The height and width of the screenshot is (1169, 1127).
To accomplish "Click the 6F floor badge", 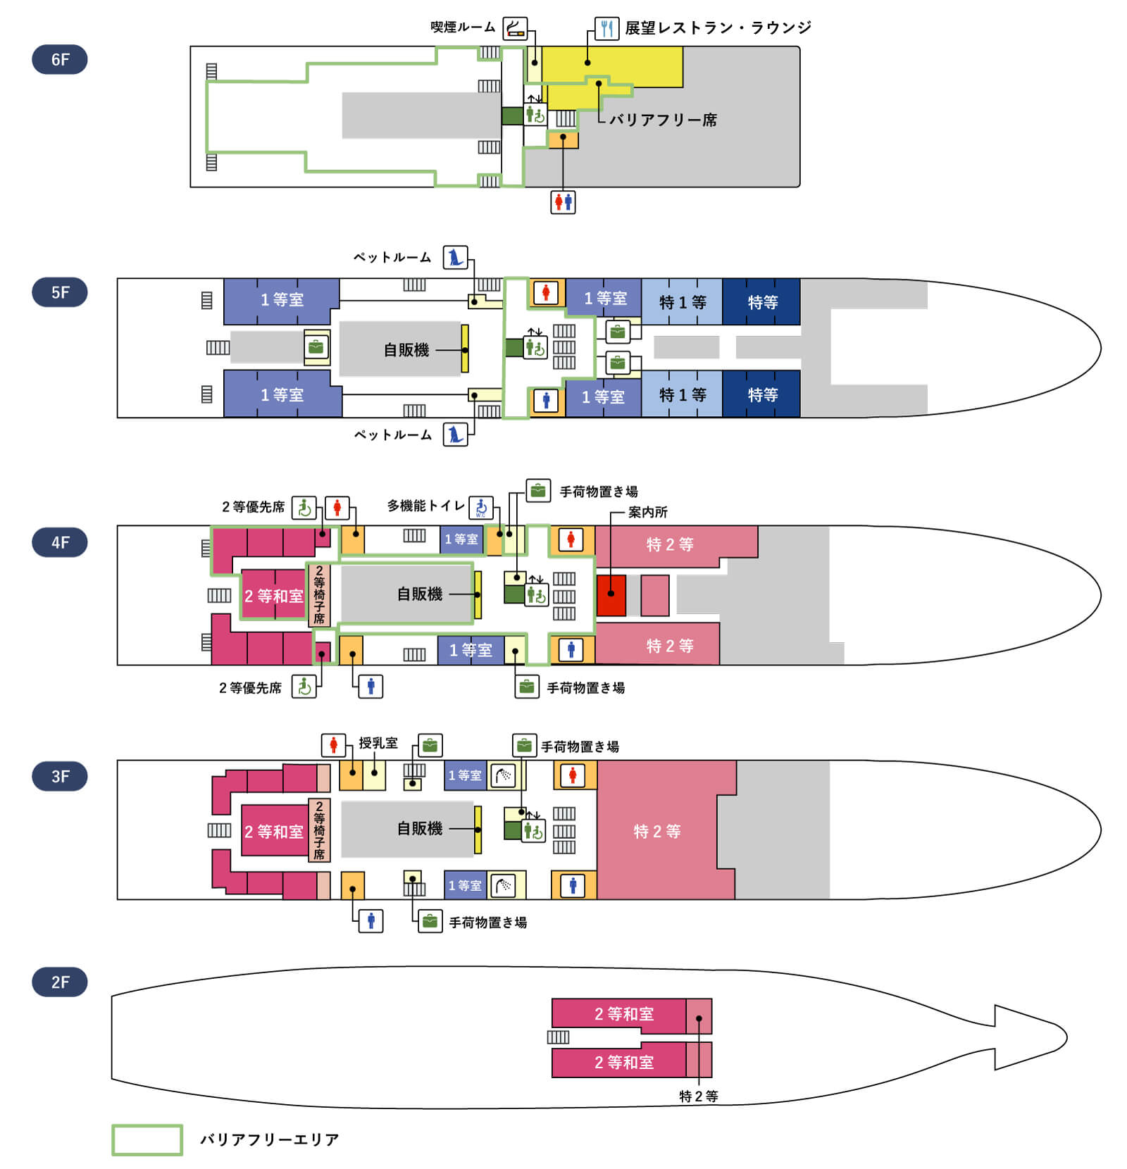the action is (x=60, y=59).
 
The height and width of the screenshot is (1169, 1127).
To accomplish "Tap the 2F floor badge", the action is (x=60, y=982).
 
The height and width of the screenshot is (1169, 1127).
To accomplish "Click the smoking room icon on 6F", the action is (x=515, y=28).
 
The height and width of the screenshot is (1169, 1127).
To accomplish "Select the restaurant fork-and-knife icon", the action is (x=606, y=28).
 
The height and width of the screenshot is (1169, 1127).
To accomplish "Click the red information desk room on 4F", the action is (x=611, y=595).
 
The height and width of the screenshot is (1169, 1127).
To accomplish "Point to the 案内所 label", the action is (x=647, y=512).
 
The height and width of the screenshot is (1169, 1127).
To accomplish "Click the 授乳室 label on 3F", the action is (x=378, y=743).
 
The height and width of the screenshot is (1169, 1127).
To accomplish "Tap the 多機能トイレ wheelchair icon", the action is (x=481, y=507).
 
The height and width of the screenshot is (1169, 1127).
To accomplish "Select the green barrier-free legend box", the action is (x=147, y=1139).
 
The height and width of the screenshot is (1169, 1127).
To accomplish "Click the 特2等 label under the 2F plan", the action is (x=698, y=1096).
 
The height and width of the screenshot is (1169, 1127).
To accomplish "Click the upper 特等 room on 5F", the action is (x=761, y=301).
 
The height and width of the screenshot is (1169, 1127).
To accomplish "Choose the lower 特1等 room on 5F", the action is (x=682, y=394).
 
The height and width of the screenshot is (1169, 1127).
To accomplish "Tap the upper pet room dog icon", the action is (x=455, y=257).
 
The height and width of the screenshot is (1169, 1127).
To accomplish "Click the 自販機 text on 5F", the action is (x=406, y=349).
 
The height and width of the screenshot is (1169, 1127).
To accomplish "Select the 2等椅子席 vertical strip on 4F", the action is (x=319, y=595).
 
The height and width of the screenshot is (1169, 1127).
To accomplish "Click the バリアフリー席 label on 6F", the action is (x=663, y=120).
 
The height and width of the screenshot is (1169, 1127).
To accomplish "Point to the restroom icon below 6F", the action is (x=563, y=202).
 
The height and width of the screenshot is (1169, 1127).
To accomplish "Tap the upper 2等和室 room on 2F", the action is (x=618, y=1014).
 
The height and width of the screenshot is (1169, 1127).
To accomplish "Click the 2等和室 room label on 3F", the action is (x=274, y=832).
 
